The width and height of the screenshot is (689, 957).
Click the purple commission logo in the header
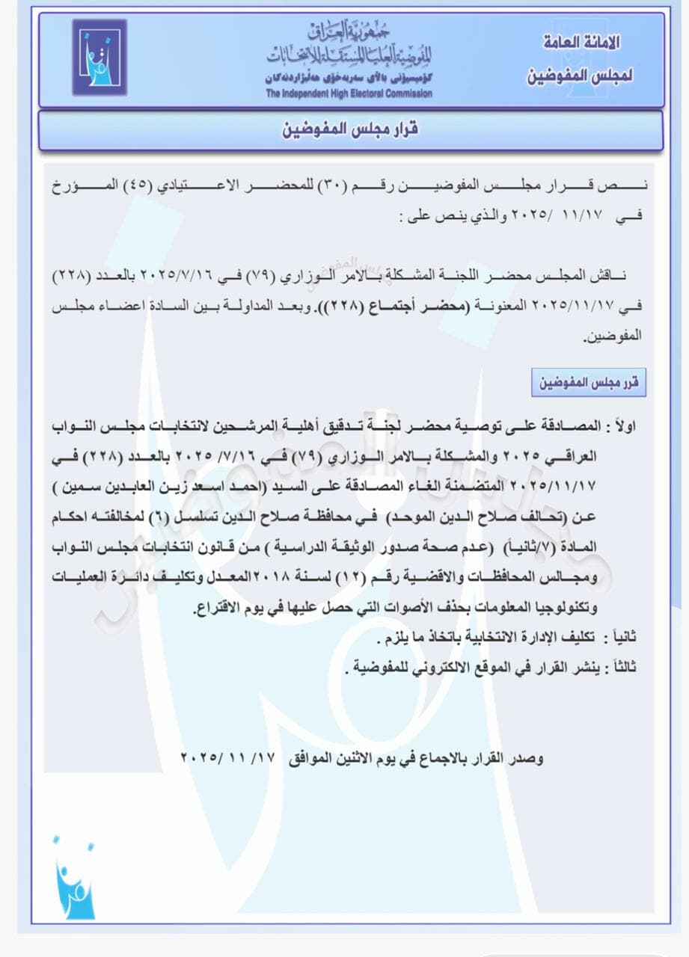click(99, 58)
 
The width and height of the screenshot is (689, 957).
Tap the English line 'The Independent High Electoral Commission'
click(349, 93)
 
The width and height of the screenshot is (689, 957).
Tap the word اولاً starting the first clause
click(620, 425)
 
